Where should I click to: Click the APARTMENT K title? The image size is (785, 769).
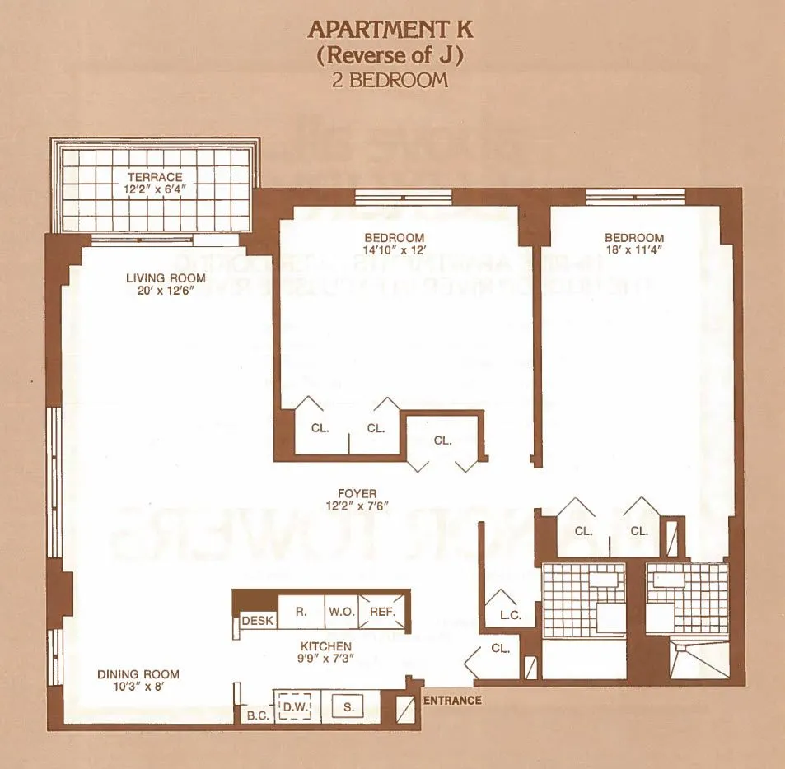pyautogui.click(x=391, y=30)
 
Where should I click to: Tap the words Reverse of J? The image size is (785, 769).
pyautogui.click(x=391, y=55)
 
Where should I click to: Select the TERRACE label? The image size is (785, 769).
pyautogui.click(x=155, y=177)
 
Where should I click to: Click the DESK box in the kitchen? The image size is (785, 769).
pyautogui.click(x=256, y=620)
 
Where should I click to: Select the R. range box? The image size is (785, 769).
pyautogui.click(x=301, y=612)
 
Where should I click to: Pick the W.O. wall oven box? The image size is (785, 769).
pyautogui.click(x=342, y=612)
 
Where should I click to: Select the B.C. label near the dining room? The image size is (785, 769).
pyautogui.click(x=258, y=715)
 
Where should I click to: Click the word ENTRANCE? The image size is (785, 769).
pyautogui.click(x=451, y=701)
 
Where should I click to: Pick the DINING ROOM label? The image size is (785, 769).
pyautogui.click(x=138, y=674)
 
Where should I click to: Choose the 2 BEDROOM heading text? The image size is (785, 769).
pyautogui.click(x=391, y=80)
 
